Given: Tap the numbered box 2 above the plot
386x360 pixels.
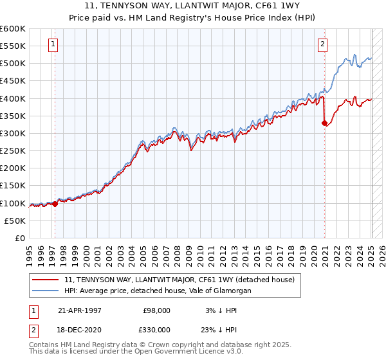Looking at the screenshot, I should (322, 44).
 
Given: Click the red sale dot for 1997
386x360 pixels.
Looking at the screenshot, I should (55, 204).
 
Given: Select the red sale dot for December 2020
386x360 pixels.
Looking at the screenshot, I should (324, 123).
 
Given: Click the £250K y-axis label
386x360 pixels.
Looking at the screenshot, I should (13, 150).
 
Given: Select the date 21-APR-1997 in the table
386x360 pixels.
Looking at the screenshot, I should (79, 310).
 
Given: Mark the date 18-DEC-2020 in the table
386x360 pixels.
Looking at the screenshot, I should (79, 329).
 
